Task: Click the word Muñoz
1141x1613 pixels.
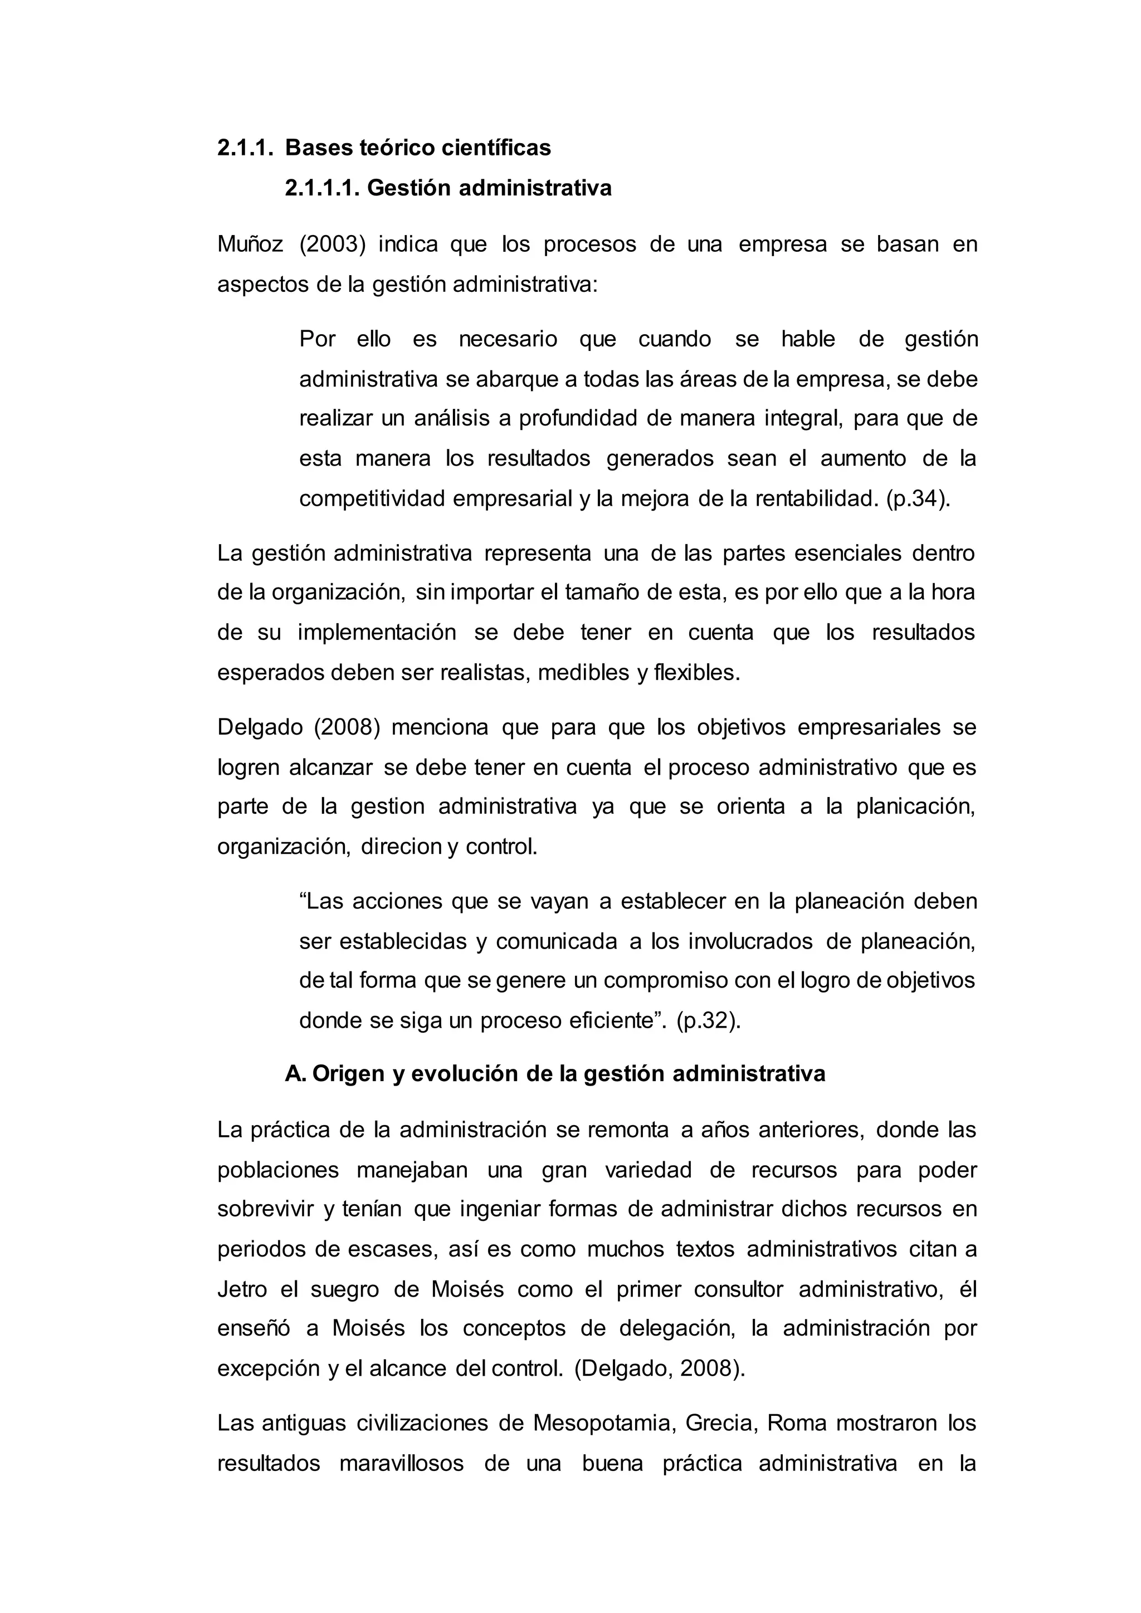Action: (250, 245)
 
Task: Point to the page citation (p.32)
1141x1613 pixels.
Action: (708, 1020)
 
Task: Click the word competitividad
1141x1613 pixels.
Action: (372, 499)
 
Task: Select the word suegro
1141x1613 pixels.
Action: (344, 1289)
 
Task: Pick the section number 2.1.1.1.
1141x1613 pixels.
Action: (323, 188)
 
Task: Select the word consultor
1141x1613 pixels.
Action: (738, 1289)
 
